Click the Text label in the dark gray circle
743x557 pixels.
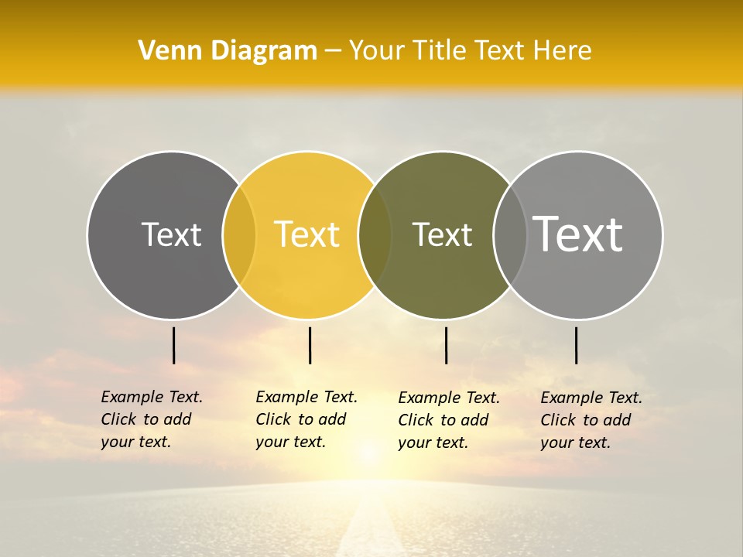(171, 234)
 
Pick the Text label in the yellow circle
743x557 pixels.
(306, 234)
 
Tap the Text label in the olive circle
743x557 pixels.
(442, 234)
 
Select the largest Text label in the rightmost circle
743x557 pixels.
(578, 234)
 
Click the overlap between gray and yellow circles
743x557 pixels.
(239, 234)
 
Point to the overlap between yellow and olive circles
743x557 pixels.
(375, 234)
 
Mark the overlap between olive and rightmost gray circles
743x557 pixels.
(509, 234)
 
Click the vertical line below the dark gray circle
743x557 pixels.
(173, 345)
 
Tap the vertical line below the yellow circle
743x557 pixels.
(310, 345)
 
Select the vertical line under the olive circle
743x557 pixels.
(446, 345)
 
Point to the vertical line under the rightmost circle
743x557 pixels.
(576, 345)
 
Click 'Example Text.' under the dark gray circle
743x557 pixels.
(152, 397)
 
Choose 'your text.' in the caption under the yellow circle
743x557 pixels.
(290, 442)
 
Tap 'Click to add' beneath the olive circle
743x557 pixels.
(443, 420)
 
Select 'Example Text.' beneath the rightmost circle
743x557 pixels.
(591, 398)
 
